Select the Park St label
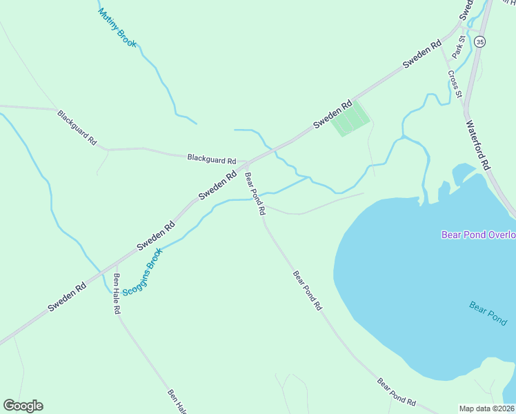click(x=459, y=47)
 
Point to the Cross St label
click(x=454, y=84)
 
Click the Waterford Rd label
click(x=477, y=146)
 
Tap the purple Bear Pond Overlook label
click(x=479, y=235)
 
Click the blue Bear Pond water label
click(x=488, y=313)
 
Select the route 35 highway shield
click(x=480, y=41)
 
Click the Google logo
click(x=23, y=406)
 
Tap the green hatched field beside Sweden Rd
click(x=350, y=122)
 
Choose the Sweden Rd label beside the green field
click(x=333, y=115)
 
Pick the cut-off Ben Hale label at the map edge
click(x=177, y=402)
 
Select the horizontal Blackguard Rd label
click(x=212, y=157)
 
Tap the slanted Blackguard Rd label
click(x=77, y=127)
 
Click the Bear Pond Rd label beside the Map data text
click(x=397, y=391)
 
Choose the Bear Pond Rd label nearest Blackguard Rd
click(x=255, y=194)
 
